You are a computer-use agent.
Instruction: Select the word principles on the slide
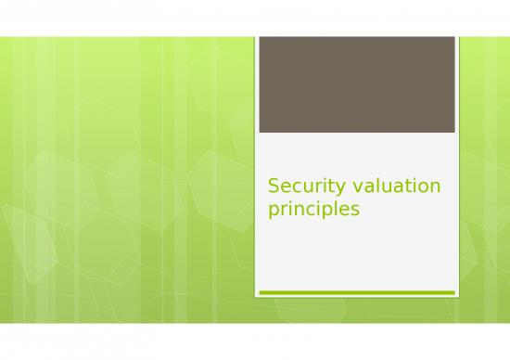click(312, 211)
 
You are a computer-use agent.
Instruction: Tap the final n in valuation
click(435, 188)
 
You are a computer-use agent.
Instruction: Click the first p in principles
click(274, 212)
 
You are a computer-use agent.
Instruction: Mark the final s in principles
click(353, 211)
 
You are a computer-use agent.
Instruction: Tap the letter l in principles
click(334, 210)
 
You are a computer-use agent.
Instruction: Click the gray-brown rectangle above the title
click(355, 84)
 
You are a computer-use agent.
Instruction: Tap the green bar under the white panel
click(355, 292)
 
